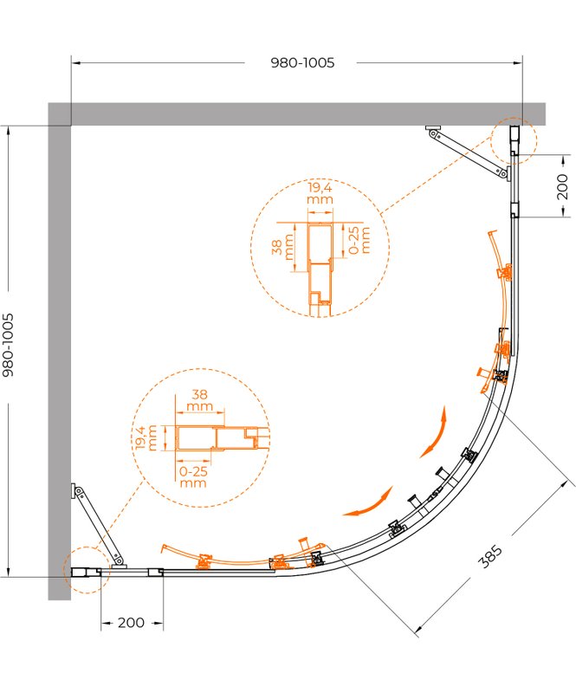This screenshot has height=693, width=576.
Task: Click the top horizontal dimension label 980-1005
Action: point(302,62)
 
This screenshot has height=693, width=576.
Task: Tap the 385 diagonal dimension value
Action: point(491,556)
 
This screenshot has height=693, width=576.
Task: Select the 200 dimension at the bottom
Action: point(131,623)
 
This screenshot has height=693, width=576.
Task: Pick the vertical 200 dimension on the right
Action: point(562,186)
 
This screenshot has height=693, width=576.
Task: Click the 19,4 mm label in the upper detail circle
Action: point(320,193)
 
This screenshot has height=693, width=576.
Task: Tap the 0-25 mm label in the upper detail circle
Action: point(359,241)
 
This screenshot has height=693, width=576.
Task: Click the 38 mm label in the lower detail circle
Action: point(200,399)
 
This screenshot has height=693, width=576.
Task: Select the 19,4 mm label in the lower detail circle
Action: point(146,437)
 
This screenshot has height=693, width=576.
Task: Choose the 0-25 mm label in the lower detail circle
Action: point(194,477)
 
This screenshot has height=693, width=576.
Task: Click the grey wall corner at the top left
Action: point(59,114)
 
